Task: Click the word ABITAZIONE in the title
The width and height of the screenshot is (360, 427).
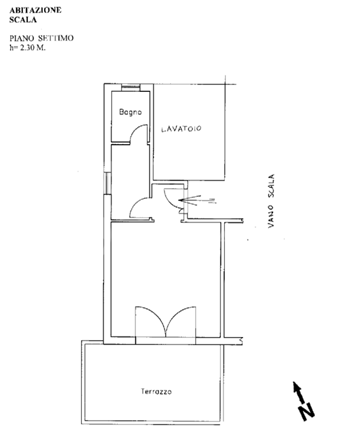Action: [x=35, y=11]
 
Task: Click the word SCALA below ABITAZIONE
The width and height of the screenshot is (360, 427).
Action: [x=23, y=20]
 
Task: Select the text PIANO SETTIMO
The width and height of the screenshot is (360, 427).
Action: [x=42, y=38]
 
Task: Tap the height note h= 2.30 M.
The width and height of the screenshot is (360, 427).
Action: [x=27, y=47]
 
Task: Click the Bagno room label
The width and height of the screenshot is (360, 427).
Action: [x=130, y=112]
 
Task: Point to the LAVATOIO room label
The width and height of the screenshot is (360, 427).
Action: [x=181, y=128]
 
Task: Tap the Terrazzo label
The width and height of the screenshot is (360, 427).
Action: [x=156, y=392]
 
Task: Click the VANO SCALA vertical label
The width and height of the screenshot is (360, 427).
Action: [x=271, y=201]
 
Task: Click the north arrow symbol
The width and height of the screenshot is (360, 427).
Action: [x=299, y=392]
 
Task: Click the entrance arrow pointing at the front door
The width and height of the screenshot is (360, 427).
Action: [x=197, y=200]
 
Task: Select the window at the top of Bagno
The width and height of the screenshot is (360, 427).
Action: [x=131, y=88]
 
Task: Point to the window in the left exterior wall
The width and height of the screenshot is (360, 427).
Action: [x=107, y=183]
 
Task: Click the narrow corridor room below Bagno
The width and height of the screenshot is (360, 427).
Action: [x=130, y=182]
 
